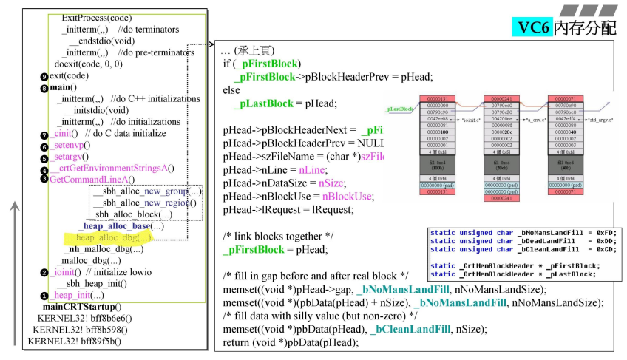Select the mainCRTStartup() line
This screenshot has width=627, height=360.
82,306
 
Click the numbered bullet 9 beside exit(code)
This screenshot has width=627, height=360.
44,76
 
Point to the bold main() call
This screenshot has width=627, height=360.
64,87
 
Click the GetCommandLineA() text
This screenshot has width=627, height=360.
92,180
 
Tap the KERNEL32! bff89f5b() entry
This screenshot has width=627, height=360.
74,341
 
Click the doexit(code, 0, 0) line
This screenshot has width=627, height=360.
88,64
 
